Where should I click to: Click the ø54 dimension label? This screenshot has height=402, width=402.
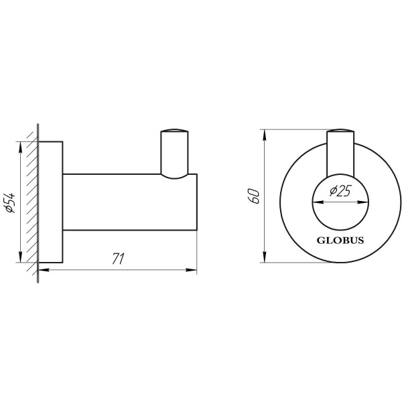[11, 201]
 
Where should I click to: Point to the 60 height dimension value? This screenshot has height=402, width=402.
[253, 195]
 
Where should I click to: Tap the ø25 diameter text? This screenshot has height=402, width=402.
[341, 192]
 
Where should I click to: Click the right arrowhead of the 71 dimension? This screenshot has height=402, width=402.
[192, 271]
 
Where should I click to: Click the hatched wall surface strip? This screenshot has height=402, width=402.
[32, 201]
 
